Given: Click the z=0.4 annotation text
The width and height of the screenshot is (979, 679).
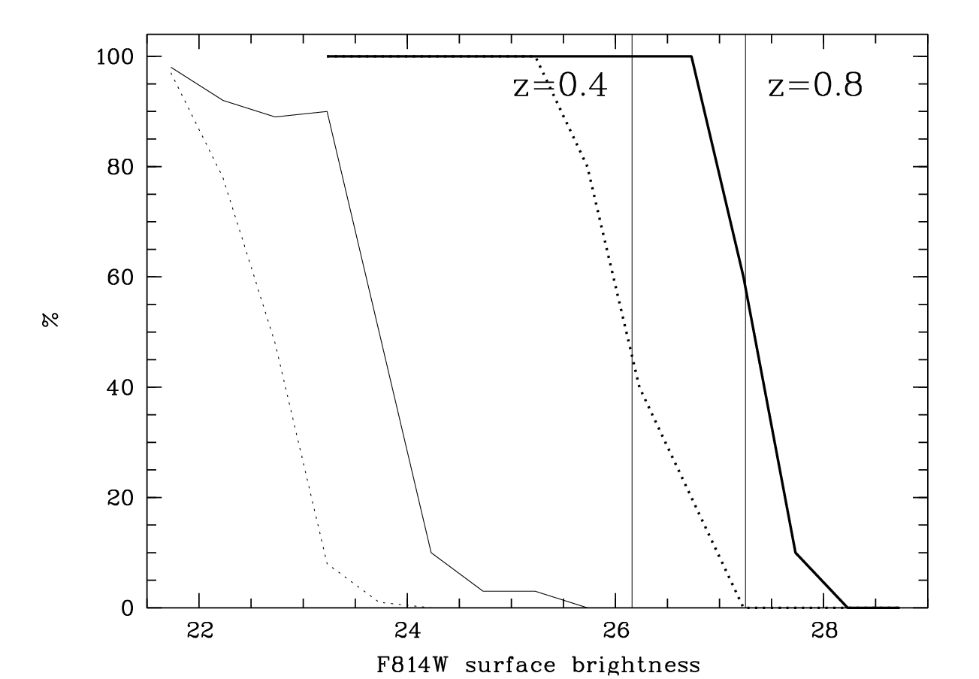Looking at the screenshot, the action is pyautogui.click(x=561, y=85).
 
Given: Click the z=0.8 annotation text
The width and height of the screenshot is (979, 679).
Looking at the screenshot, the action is pyautogui.click(x=815, y=85).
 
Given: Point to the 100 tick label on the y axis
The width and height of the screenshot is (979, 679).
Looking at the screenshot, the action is pyautogui.click(x=115, y=57).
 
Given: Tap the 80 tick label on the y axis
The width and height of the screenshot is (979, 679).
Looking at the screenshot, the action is pyautogui.click(x=120, y=167).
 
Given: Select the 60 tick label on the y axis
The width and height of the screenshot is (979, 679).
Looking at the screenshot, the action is pyautogui.click(x=120, y=277).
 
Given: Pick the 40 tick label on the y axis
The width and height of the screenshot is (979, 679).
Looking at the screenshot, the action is pyautogui.click(x=120, y=388).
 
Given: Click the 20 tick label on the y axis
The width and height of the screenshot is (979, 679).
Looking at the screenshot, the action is pyautogui.click(x=120, y=498).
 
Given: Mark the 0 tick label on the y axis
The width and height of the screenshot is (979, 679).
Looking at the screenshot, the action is pyautogui.click(x=127, y=608).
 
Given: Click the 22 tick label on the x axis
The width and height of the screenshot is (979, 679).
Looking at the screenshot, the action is pyautogui.click(x=200, y=631).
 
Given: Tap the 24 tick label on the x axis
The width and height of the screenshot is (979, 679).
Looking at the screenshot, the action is pyautogui.click(x=408, y=631).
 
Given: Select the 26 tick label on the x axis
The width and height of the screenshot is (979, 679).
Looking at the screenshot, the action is pyautogui.click(x=616, y=631).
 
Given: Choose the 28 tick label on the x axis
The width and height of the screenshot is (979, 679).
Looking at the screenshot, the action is pyautogui.click(x=824, y=631).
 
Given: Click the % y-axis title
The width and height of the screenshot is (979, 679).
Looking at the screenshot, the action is pyautogui.click(x=50, y=320).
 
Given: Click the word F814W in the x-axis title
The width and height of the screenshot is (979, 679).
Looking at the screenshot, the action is pyautogui.click(x=412, y=665).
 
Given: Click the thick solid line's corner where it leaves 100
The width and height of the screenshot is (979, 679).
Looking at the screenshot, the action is pyautogui.click(x=691, y=56).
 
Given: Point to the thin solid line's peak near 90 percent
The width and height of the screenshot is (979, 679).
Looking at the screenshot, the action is pyautogui.click(x=327, y=111).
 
